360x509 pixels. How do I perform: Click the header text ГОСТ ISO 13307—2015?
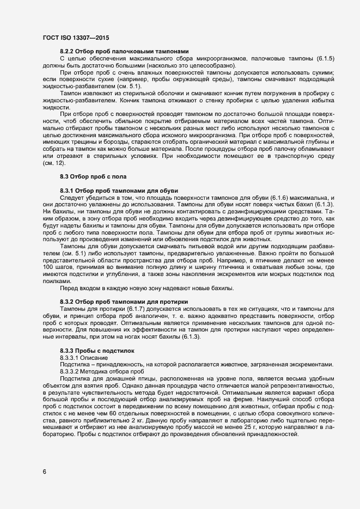pos(75,38)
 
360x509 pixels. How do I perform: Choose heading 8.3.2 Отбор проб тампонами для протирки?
pos(124,301)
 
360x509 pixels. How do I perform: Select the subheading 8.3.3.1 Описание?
pos(83,357)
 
